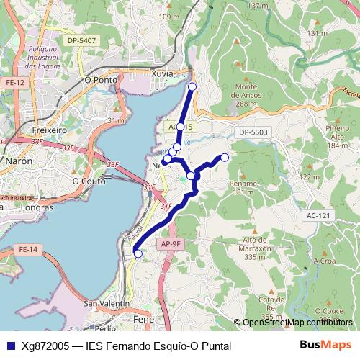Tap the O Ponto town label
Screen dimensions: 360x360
tap(101, 80)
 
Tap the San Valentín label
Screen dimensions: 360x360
tap(107, 304)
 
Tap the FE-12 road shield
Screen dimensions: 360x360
tap(14, 84)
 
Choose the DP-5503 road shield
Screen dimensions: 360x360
tap(254, 132)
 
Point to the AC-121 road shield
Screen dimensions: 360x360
tap(317, 215)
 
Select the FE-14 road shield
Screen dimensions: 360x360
tap(28, 249)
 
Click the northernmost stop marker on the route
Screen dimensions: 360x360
tap(192, 87)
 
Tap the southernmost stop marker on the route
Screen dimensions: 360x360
tap(138, 253)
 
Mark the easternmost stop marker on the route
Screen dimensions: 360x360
tap(225, 157)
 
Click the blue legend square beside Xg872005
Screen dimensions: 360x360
tap(9, 346)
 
